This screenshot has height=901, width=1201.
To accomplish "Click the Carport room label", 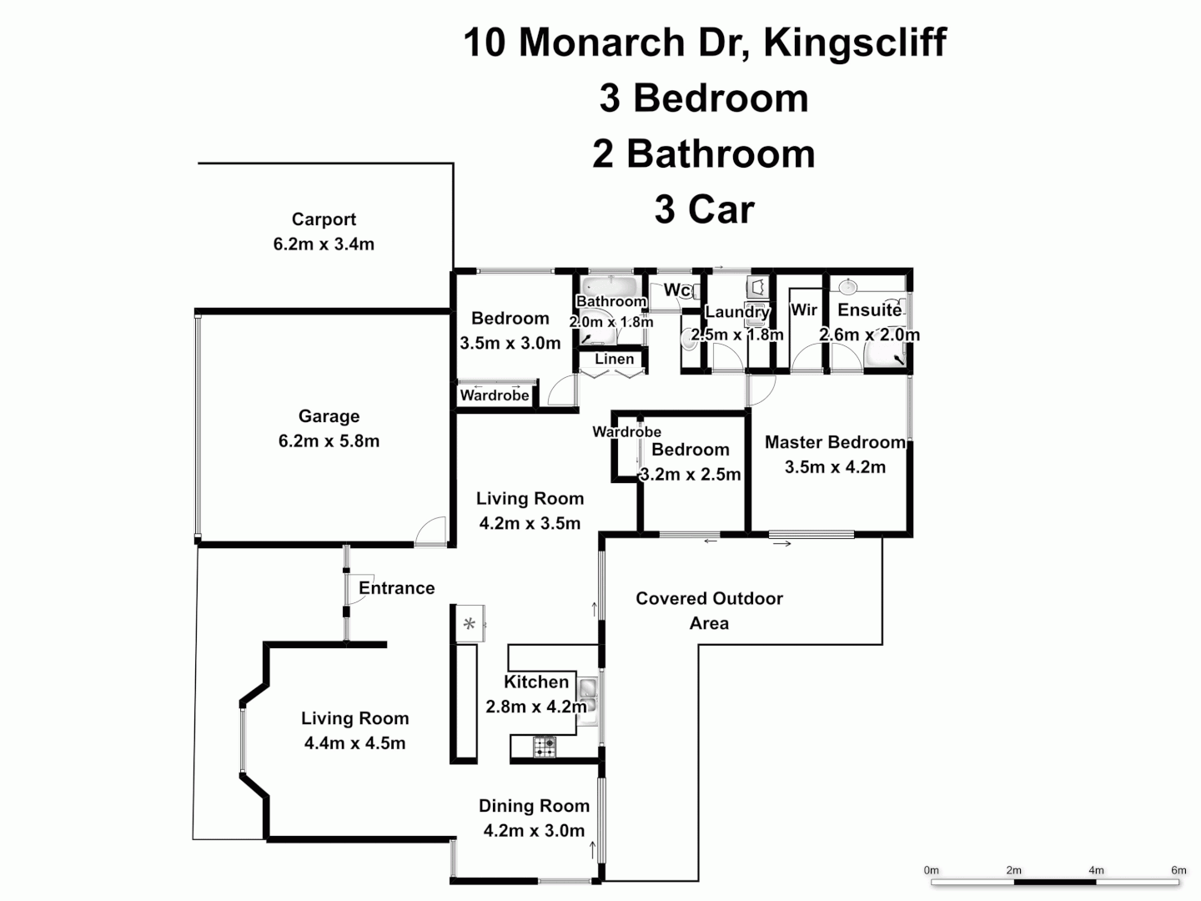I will pyautogui.click(x=324, y=219).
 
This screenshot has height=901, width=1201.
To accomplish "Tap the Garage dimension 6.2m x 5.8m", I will pyautogui.click(x=329, y=441).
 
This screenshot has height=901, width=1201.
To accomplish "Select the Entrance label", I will pyautogui.click(x=396, y=588).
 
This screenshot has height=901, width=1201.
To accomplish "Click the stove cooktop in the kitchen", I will pyautogui.click(x=545, y=747).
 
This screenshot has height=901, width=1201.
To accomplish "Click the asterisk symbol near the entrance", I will pyautogui.click(x=470, y=624).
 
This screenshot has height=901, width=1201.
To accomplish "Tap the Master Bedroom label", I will pyautogui.click(x=835, y=442).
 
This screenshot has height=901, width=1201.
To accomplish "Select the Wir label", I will pyautogui.click(x=804, y=310).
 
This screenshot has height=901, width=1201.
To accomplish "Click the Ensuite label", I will pyautogui.click(x=869, y=310).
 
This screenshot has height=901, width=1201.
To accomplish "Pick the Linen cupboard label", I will pyautogui.click(x=615, y=360).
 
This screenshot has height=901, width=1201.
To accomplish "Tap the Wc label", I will pyautogui.click(x=676, y=290).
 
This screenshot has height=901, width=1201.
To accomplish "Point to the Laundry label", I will pyautogui.click(x=736, y=312).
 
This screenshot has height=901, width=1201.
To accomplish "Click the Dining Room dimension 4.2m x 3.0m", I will pyautogui.click(x=534, y=831).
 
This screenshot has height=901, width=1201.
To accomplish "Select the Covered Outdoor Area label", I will pyautogui.click(x=709, y=611).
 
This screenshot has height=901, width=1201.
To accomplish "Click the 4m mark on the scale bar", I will pyautogui.click(x=1096, y=870).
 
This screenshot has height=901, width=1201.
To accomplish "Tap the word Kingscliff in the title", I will pyautogui.click(x=855, y=42).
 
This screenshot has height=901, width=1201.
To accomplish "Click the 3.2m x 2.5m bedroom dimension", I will pyautogui.click(x=691, y=475).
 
